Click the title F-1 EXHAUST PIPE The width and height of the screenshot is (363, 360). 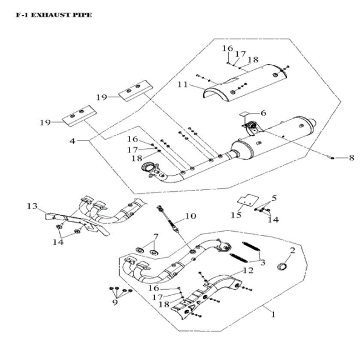pyautogui.click(x=54, y=15)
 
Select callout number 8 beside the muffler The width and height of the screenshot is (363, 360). pyautogui.click(x=352, y=158)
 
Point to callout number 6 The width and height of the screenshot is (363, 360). pyautogui.click(x=263, y=113)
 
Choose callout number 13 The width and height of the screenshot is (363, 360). pyautogui.click(x=31, y=206)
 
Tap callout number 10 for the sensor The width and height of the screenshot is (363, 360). pyautogui.click(x=191, y=215)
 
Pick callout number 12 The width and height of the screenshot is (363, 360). pyautogui.click(x=248, y=270)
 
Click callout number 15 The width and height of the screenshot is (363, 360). pyautogui.click(x=236, y=215)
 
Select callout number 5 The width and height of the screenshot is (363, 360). pyautogui.click(x=273, y=198)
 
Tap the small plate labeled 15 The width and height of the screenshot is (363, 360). pyautogui.click(x=246, y=200)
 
